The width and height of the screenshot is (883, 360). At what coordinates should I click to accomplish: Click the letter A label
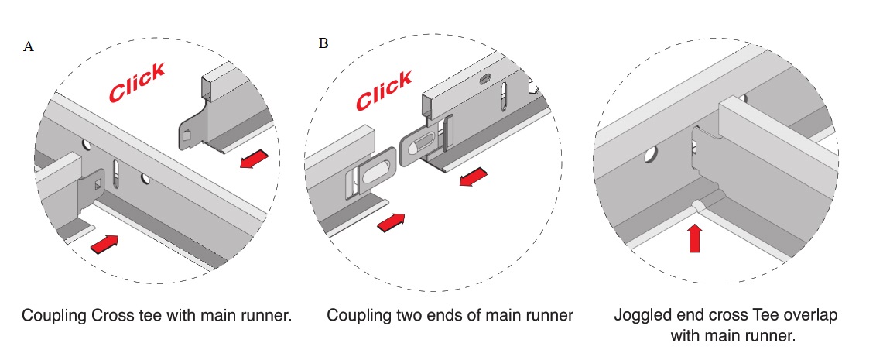pyautogui.click(x=29, y=46)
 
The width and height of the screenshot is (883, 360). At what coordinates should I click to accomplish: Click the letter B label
pyautogui.click(x=323, y=43)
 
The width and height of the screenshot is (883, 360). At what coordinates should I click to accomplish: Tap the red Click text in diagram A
pyautogui.click(x=136, y=82)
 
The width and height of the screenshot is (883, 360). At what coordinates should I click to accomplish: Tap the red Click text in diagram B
pyautogui.click(x=384, y=91)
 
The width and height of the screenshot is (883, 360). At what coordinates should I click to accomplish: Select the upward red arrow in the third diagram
pyautogui.click(x=694, y=238)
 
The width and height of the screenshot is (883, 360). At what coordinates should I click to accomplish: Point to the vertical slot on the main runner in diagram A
pyautogui.click(x=117, y=173)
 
